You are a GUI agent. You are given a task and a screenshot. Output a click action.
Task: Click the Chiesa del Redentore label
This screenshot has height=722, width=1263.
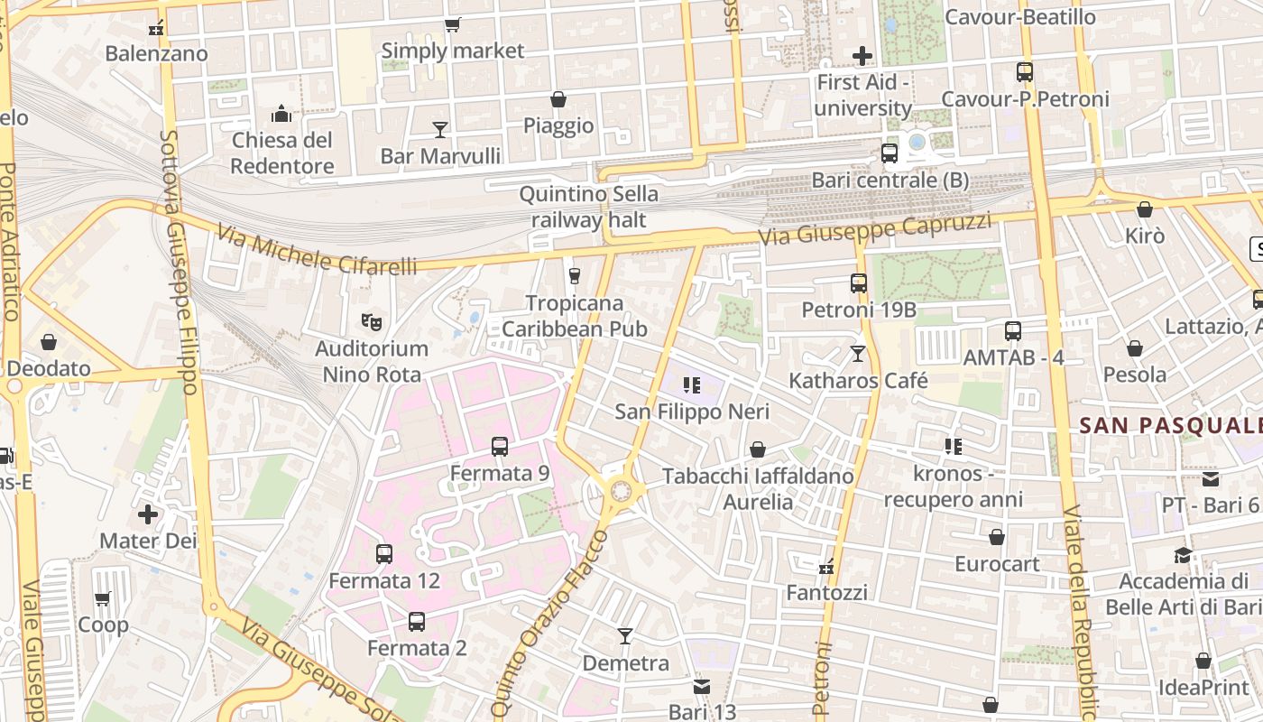[282, 153]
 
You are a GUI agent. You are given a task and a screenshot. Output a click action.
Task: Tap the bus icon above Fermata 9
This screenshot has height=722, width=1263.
[500, 446]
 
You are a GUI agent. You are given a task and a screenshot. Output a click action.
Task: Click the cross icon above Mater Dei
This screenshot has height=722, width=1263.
[148, 514]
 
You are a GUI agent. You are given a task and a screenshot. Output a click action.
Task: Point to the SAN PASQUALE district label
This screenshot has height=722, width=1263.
[1171, 425]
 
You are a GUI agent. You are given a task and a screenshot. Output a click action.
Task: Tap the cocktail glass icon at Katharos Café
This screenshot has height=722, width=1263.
[857, 354]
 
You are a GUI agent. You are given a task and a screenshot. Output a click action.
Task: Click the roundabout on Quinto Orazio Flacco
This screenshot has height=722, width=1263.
[621, 491]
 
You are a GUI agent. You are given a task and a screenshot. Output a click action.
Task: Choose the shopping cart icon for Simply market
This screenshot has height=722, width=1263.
[452, 25]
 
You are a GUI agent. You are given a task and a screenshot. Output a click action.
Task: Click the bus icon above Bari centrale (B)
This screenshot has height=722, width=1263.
[890, 153]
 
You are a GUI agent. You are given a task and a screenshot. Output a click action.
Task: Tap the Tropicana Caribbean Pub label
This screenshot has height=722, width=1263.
[575, 316]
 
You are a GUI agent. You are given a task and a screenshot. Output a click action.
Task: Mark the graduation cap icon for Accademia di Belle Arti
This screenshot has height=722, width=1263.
[1183, 554]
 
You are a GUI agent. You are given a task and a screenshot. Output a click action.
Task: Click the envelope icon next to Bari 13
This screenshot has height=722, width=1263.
[702, 687]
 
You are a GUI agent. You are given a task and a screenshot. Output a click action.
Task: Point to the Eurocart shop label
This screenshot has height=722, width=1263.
[997, 564]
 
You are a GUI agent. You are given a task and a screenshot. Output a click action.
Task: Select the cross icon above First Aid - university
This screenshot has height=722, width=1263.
[862, 56]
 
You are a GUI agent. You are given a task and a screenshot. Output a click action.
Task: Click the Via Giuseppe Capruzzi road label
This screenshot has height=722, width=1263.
[874, 229]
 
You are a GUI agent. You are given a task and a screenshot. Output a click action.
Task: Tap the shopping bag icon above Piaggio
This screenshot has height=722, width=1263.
[558, 99]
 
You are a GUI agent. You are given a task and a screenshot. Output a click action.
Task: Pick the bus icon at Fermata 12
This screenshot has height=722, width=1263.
[384, 554]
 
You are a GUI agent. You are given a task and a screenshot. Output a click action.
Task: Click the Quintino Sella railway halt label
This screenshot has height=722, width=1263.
[589, 207]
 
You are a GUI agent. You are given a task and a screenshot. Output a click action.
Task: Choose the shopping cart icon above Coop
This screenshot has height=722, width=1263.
[103, 598]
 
